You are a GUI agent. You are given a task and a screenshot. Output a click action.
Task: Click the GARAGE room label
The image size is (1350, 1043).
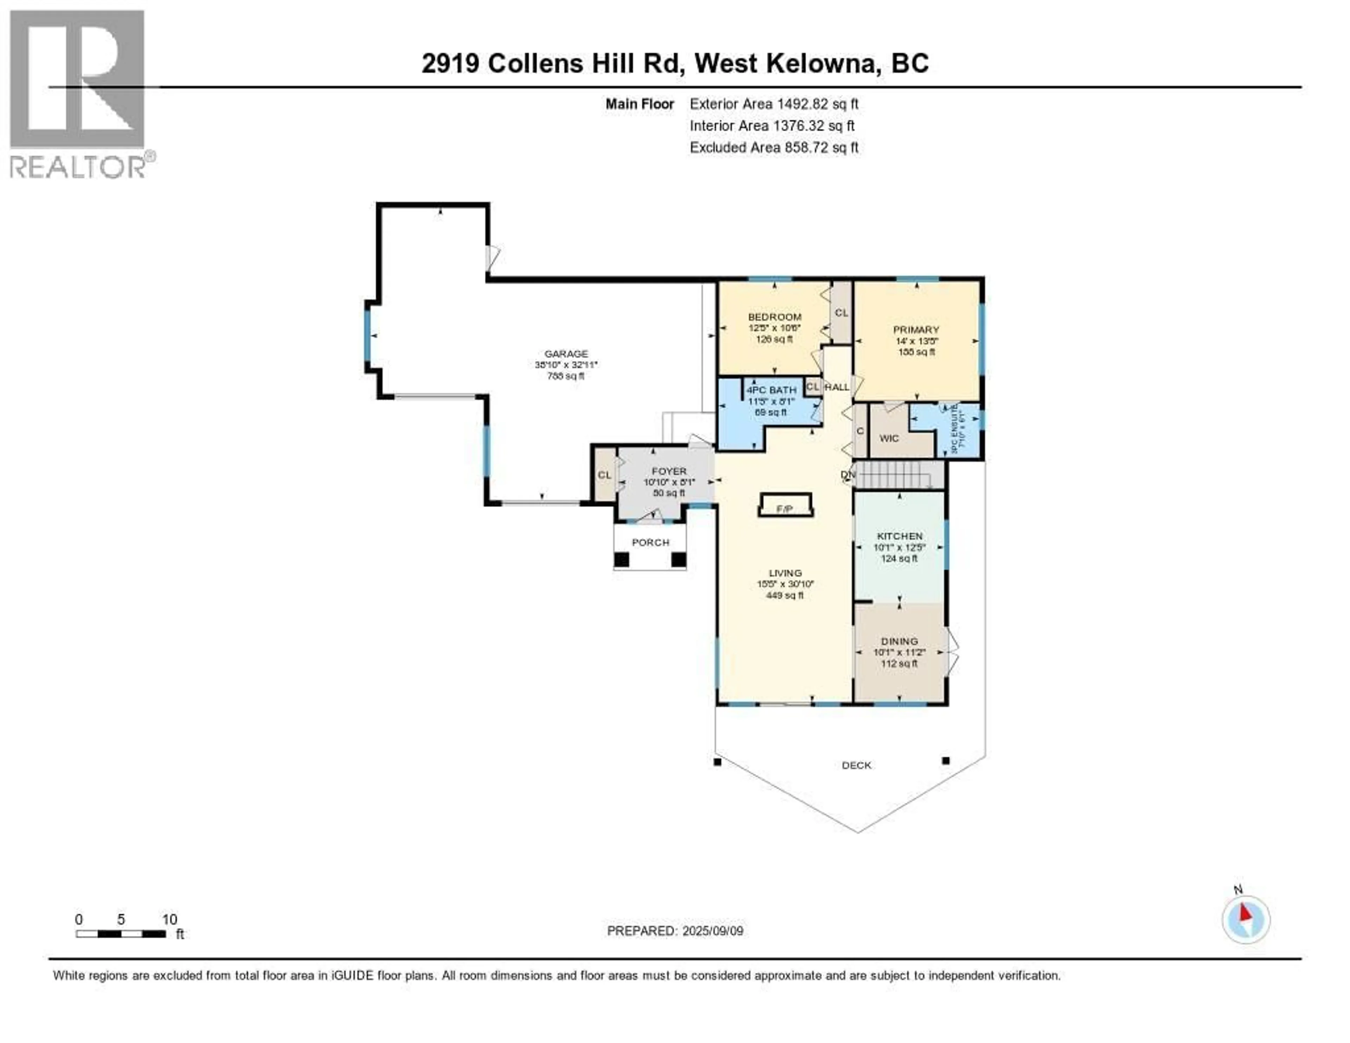[x=566, y=354]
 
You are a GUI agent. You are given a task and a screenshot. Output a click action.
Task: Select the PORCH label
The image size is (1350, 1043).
[x=650, y=542]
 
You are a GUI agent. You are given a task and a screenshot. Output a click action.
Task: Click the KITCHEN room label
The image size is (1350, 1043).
[x=899, y=536]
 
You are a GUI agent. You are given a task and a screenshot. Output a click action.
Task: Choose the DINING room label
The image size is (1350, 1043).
[x=899, y=641]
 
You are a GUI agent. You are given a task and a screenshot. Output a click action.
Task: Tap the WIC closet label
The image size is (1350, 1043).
[x=889, y=439]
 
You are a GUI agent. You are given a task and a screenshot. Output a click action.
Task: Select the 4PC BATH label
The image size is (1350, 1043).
[x=771, y=390]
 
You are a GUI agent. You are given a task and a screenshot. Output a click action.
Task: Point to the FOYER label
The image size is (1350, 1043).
[x=669, y=471]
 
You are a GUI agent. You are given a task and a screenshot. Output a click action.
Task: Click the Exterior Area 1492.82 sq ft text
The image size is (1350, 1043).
[x=774, y=104]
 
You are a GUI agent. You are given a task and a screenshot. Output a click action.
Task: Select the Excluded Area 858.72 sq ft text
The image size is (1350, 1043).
[x=774, y=147]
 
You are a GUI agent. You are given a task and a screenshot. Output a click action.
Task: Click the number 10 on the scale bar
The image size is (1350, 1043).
[x=169, y=919]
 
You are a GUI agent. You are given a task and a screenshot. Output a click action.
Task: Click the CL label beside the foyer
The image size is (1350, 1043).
[x=604, y=475]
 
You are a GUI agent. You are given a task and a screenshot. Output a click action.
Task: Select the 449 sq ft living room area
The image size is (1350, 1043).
[x=785, y=595]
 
